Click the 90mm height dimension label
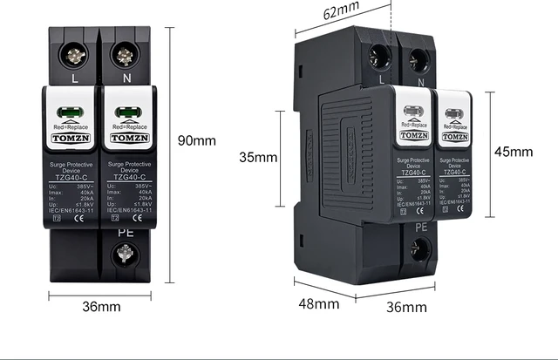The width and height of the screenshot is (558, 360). coord(197,140)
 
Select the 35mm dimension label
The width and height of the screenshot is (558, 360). coord(258,158)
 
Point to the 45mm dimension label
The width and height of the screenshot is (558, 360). coord(513,151)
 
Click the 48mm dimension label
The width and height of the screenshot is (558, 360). coord(319,303)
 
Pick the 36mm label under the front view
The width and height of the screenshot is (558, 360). coord(101,307)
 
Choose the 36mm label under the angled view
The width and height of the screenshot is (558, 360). coord(406,307)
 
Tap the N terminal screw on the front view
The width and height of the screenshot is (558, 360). coord(125,56)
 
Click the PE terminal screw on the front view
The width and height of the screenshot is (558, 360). coord(125,255)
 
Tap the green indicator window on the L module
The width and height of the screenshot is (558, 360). coord(71,112)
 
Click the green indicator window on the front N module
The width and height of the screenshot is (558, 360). coord(129,112)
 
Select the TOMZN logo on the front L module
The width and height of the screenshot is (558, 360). coord(71,138)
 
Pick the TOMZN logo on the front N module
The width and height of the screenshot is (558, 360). coord(128,138)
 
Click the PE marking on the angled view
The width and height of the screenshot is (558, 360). coord(420,227)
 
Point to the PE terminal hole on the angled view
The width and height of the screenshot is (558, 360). coord(420,251)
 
